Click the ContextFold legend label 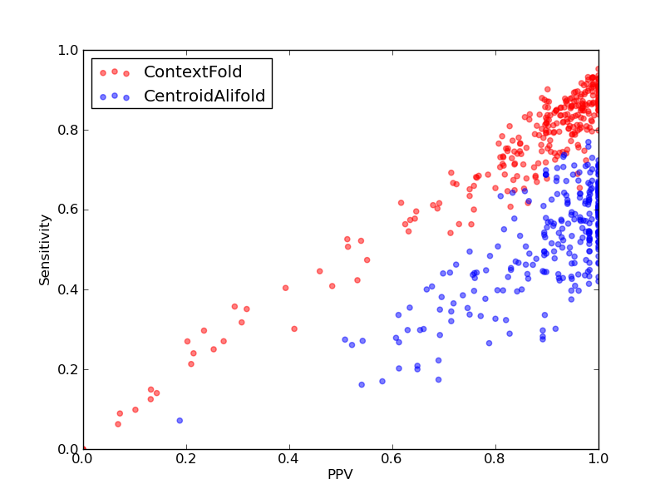[x=193, y=72]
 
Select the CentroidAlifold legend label [x=204, y=96]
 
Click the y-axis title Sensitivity [x=45, y=250]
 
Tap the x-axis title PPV [x=340, y=474]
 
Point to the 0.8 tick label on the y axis [x=68, y=130]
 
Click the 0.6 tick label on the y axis [x=68, y=210]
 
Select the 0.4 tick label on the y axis [x=68, y=289]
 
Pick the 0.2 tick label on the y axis [x=68, y=369]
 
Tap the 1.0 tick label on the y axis [x=68, y=50]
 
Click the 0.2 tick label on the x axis [x=186, y=459]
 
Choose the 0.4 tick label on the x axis [x=289, y=459]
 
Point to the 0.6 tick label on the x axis [x=392, y=459]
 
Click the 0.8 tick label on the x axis [x=495, y=459]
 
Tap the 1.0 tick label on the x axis [x=598, y=459]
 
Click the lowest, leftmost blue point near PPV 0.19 [x=180, y=421]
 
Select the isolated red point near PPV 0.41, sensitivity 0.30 [x=294, y=329]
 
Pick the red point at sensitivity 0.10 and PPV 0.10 [x=135, y=410]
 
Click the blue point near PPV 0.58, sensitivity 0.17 [x=382, y=382]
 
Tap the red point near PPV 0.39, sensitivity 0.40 [x=285, y=288]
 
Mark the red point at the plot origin [x=84, y=448]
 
